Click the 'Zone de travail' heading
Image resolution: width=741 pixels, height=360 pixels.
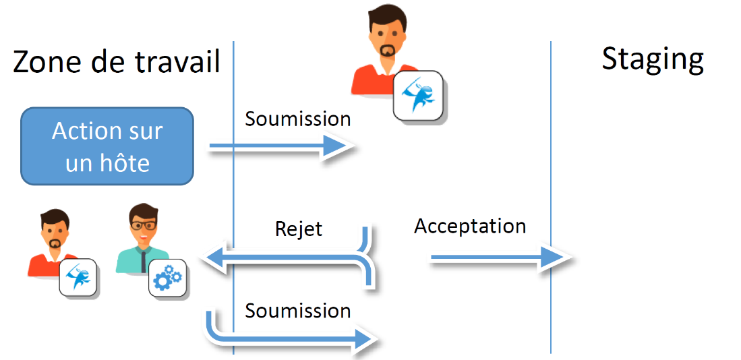click(117, 63)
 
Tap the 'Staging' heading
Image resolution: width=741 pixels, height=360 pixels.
click(653, 59)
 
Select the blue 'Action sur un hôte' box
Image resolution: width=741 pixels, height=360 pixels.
click(107, 146)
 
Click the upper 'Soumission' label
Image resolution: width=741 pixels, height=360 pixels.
click(297, 119)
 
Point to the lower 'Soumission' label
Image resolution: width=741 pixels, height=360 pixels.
click(297, 311)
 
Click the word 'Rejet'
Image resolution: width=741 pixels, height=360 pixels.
click(299, 229)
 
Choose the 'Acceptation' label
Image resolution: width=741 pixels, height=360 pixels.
click(470, 227)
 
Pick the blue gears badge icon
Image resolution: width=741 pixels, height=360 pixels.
click(168, 278)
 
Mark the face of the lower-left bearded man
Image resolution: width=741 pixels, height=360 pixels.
click(53, 231)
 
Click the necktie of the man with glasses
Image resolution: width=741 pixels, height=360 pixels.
click(144, 262)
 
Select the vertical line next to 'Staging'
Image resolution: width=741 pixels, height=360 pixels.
click(551, 196)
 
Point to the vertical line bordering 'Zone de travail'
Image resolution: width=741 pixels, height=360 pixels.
click(233, 196)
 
